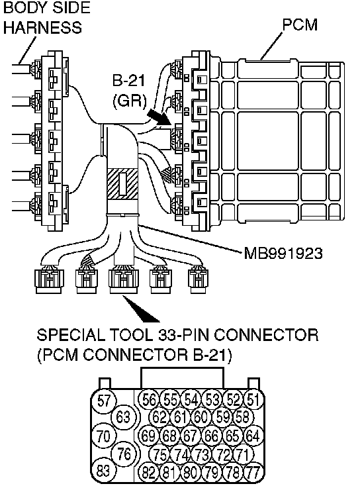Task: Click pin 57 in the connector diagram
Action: pos(104,400)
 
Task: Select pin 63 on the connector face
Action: pos(123,417)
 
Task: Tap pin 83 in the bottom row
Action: pos(103,471)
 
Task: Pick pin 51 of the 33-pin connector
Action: pos(253,399)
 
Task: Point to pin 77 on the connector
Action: pos(253,472)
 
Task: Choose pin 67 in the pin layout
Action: pos(191,436)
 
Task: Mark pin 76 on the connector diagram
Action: pos(124,454)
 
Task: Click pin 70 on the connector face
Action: pos(103,436)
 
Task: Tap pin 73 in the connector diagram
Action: pos(202,455)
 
